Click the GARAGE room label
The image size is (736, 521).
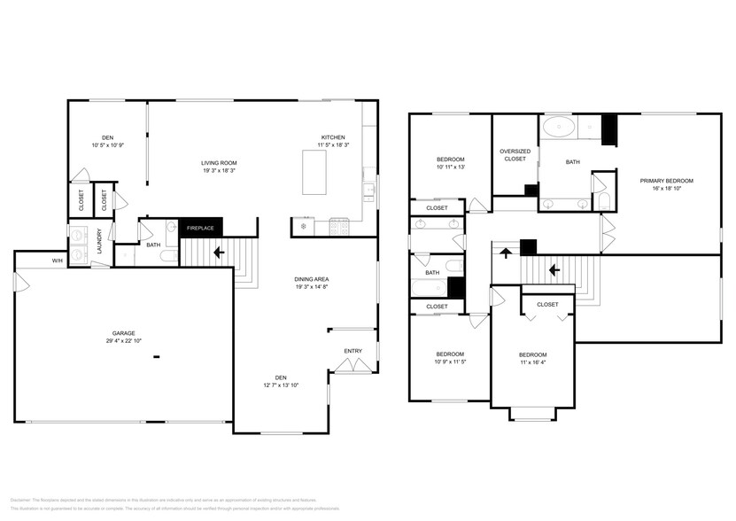[122, 333]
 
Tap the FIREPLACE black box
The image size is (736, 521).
[200, 228]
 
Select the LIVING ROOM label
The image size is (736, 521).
[219, 163]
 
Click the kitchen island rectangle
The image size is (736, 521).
[315, 172]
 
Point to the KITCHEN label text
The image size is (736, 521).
[333, 137]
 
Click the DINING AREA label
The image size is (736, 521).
[311, 279]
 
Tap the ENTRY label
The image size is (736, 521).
[353, 351]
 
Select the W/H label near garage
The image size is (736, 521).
[57, 260]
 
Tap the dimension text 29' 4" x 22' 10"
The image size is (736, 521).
[122, 341]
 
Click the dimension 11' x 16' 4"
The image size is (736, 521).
[532, 362]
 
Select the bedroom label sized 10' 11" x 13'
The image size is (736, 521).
[450, 159]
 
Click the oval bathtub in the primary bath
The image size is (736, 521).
[560, 127]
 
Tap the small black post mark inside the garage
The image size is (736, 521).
[156, 357]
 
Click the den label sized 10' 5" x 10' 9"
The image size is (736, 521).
[107, 137]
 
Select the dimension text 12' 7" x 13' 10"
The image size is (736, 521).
[281, 385]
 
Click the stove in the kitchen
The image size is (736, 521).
[338, 228]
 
